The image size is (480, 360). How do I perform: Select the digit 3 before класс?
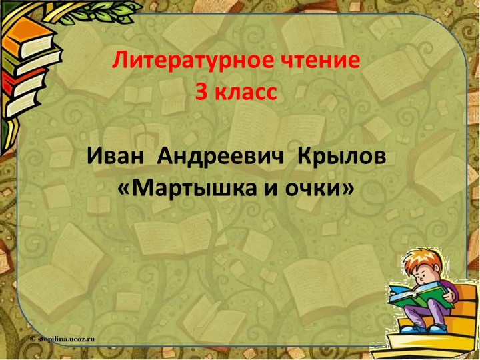click(200, 93)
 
